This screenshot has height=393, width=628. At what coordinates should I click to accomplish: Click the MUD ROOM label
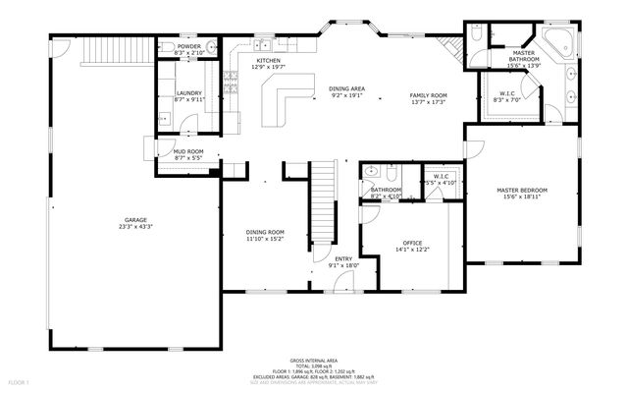click(187, 152)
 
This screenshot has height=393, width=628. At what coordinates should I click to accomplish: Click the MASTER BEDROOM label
click(521, 189)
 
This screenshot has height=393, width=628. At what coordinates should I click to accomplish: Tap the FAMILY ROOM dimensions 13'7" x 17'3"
click(427, 102)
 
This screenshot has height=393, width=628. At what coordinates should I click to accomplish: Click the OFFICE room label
click(412, 243)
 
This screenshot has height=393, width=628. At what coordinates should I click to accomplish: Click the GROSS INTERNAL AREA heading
click(314, 361)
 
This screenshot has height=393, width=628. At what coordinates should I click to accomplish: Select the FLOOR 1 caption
click(20, 380)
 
